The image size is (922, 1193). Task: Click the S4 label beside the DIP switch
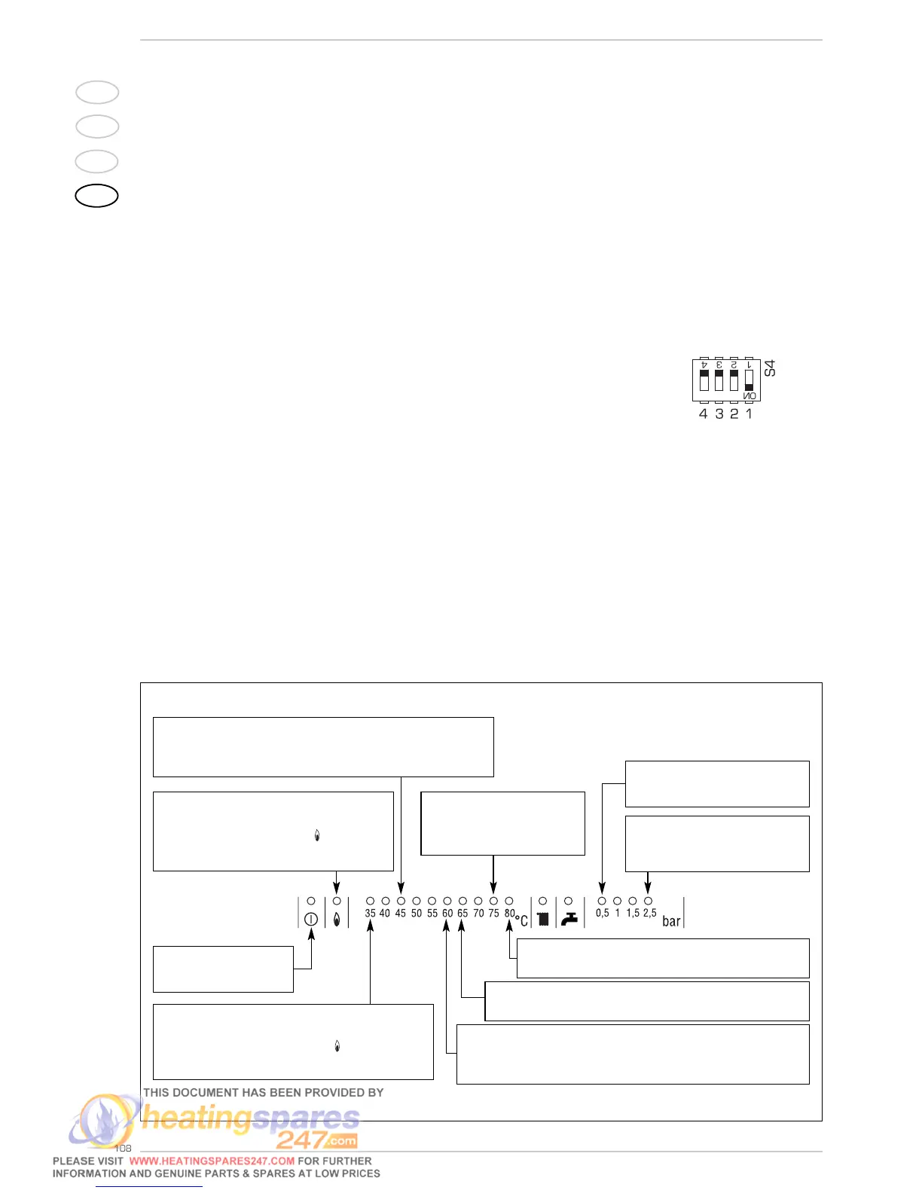click(x=769, y=368)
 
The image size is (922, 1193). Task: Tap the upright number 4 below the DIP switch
click(x=704, y=413)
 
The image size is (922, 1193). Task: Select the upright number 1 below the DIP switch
click(x=749, y=413)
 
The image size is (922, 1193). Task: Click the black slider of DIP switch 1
click(x=749, y=386)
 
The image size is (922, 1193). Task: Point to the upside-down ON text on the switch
click(x=750, y=396)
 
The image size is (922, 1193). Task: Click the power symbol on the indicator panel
click(x=310, y=919)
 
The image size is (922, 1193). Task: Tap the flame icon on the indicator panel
click(x=337, y=919)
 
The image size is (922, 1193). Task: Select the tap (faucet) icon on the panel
click(x=569, y=919)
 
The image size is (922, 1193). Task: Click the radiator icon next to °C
click(x=543, y=919)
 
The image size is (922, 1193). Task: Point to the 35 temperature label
click(x=370, y=914)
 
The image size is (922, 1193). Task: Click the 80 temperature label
click(x=510, y=914)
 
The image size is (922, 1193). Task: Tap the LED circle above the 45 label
click(x=401, y=901)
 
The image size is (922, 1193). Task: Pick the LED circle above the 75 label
click(x=493, y=901)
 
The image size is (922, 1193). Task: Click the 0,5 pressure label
click(x=602, y=913)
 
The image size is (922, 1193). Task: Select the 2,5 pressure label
click(x=649, y=913)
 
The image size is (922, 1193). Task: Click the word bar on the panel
click(x=671, y=921)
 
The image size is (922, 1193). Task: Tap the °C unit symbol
click(x=521, y=920)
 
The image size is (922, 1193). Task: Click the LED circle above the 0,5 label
click(x=602, y=901)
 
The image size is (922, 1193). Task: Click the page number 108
click(x=123, y=1148)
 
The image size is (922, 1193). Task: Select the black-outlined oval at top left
click(x=97, y=196)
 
